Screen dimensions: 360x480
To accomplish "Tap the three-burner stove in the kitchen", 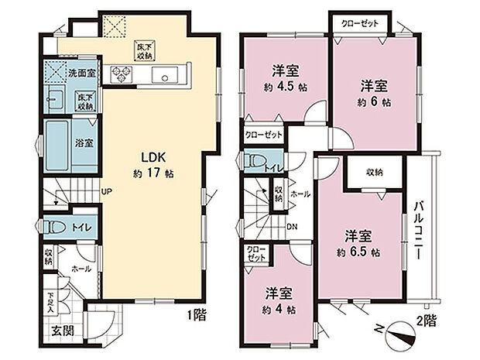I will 123,74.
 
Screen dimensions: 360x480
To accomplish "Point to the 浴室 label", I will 84,143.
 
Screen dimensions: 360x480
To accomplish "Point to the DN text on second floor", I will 291,226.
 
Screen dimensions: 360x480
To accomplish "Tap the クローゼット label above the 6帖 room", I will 361,23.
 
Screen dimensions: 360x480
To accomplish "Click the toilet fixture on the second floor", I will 255,163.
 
